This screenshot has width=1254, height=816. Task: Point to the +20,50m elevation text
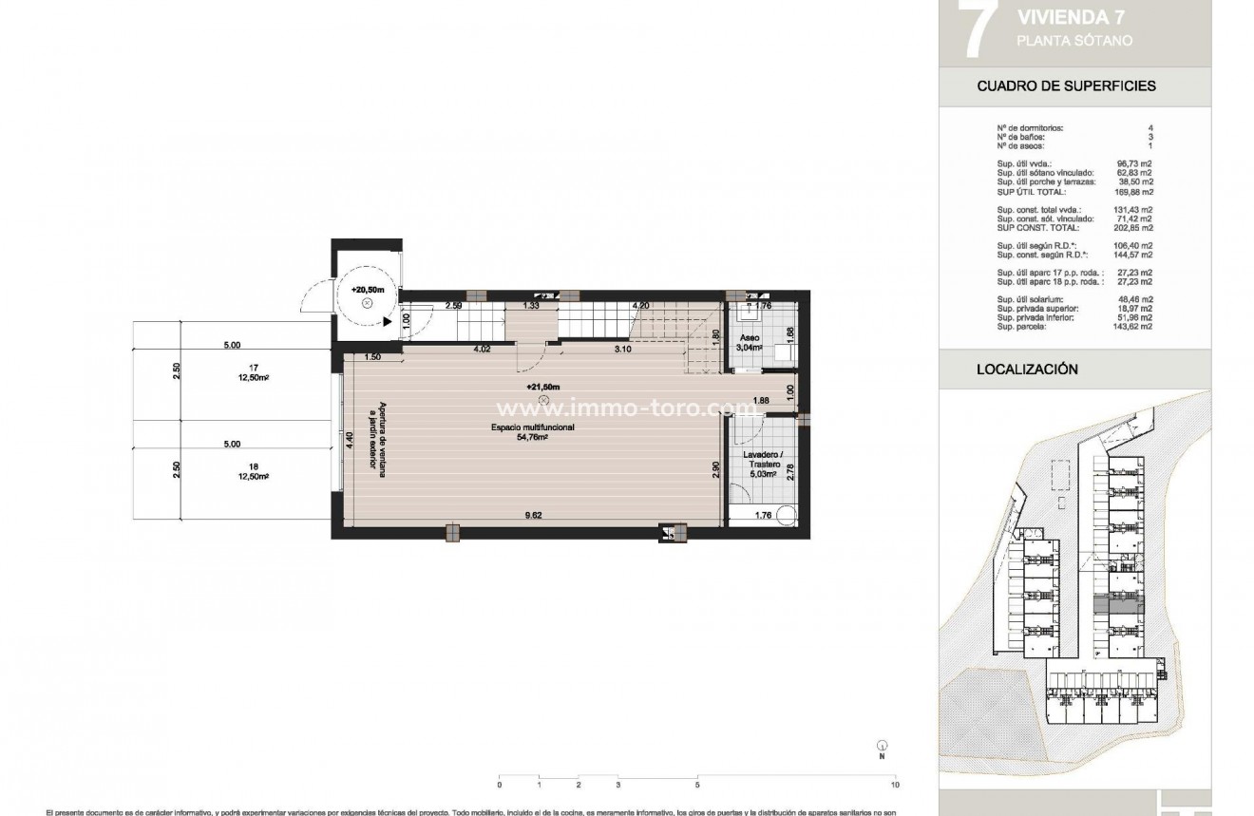pos(366,289)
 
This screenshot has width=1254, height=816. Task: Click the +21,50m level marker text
pos(542,387)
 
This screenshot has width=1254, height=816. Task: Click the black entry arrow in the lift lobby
pos(389,322)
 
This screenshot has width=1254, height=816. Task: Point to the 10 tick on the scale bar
pos(894,786)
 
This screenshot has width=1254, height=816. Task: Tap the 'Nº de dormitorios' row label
pos(1029,127)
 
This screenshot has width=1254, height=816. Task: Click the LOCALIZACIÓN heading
pos(1027,370)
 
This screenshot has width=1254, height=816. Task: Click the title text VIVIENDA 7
pos(1063,16)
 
